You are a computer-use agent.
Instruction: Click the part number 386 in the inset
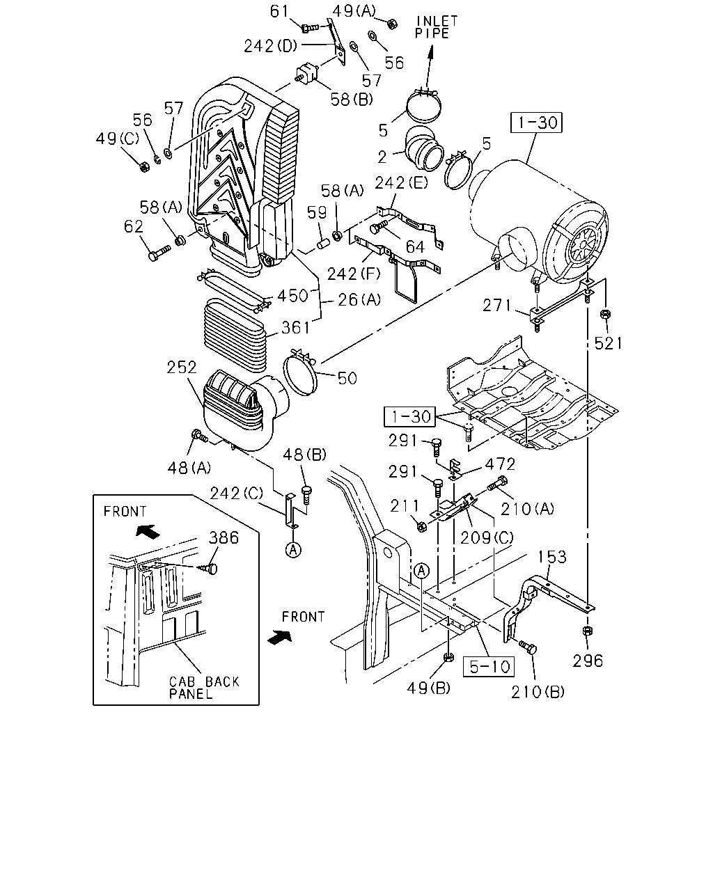point(224,537)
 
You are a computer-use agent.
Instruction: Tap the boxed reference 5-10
point(489,667)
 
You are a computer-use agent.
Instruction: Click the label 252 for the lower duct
point(181,368)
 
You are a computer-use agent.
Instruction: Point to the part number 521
point(608,343)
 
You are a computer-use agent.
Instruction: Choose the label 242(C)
point(237,494)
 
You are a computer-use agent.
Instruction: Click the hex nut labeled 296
point(587,631)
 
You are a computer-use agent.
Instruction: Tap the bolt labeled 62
point(159,253)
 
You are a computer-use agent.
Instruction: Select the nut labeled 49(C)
point(144,166)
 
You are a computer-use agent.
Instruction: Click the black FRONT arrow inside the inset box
point(148,530)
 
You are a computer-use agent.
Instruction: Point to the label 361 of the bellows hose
point(295,328)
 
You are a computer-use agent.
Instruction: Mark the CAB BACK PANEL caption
point(204,688)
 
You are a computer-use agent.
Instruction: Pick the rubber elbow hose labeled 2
point(423,149)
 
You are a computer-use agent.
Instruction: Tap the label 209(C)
point(487,537)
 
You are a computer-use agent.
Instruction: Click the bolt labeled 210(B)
point(527,647)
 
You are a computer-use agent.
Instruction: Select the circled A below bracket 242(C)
point(293,550)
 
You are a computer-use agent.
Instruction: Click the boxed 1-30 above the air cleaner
point(536,123)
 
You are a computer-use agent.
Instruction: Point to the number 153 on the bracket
point(552,557)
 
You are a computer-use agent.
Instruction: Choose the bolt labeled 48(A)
point(199,436)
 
